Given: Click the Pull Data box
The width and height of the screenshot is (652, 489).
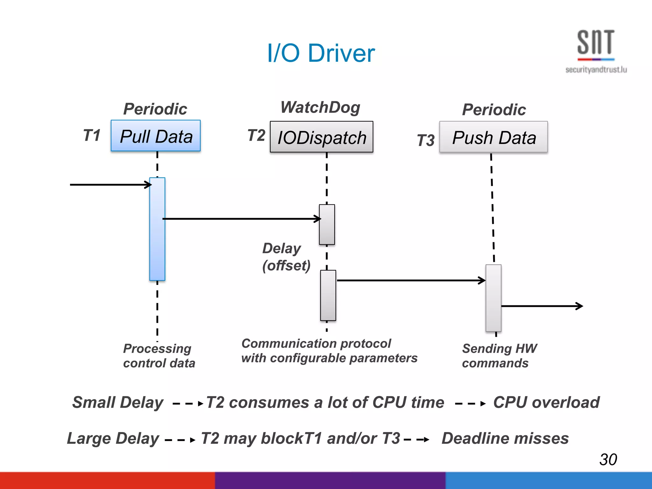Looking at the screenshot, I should (156, 136).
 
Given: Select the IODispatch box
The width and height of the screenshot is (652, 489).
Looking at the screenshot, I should (322, 137).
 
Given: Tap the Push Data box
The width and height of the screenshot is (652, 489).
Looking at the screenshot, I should (493, 137).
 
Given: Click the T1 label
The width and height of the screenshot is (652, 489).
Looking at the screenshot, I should (92, 135).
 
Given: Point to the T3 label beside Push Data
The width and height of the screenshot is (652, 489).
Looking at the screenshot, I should (426, 140).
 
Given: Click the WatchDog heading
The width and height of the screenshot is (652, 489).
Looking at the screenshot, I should (320, 107).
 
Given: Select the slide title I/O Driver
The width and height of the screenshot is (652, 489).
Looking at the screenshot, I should (321, 53).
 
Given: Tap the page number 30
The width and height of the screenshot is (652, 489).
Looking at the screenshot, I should (608, 459).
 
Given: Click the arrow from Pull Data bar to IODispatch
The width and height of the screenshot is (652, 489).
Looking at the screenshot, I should (242, 219).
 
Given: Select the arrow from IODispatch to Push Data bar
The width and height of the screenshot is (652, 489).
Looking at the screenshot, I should (411, 280).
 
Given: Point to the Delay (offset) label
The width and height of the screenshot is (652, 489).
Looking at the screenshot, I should (286, 257).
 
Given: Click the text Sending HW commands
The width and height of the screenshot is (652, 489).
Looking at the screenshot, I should (499, 356).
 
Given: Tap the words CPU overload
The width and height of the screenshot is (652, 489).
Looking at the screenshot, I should (546, 402).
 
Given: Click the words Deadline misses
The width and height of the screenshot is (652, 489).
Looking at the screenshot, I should (505, 438).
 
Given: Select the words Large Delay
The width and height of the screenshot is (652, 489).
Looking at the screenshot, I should (113, 438).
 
